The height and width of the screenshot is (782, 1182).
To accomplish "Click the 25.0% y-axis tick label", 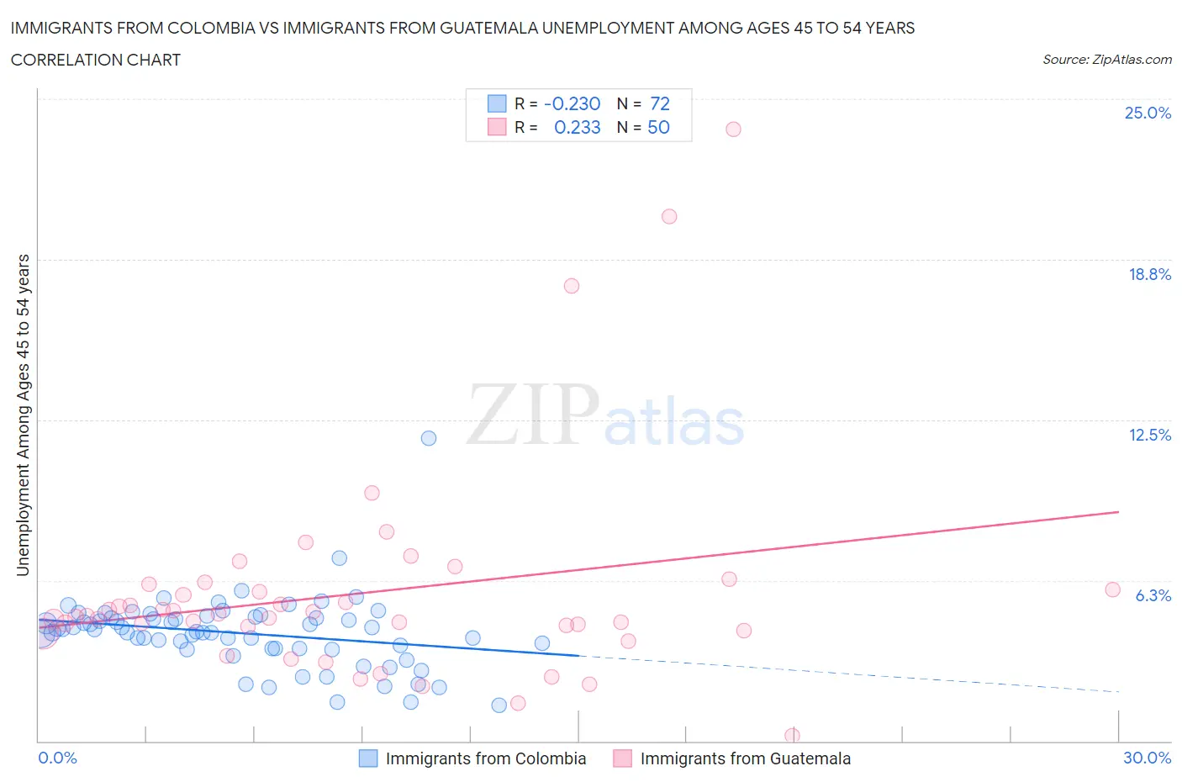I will pyautogui.click(x=1148, y=113).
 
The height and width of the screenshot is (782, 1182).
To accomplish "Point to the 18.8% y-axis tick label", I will pyautogui.click(x=1149, y=274).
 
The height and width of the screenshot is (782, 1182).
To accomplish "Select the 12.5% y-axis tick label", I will pyautogui.click(x=1149, y=435).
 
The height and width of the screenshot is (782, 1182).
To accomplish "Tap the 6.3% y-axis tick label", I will pyautogui.click(x=1153, y=595).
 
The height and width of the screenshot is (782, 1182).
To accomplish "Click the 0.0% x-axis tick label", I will pyautogui.click(x=58, y=758).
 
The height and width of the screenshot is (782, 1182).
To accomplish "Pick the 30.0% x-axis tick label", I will pyautogui.click(x=1147, y=758).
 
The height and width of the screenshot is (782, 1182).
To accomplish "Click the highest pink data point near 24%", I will pyautogui.click(x=733, y=129).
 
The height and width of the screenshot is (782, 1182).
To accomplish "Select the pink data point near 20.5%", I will pyautogui.click(x=669, y=216).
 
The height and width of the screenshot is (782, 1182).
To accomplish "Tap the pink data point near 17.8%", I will pyautogui.click(x=572, y=286).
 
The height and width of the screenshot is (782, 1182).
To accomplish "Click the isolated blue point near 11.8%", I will pyautogui.click(x=429, y=438).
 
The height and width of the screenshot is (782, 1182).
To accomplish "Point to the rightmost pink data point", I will pyautogui.click(x=1112, y=589).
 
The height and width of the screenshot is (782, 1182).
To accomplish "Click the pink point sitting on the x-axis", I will pyautogui.click(x=792, y=735).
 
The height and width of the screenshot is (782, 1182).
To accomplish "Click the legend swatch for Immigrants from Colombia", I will pyautogui.click(x=368, y=758).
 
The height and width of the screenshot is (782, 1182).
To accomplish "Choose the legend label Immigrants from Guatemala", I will pyautogui.click(x=745, y=758).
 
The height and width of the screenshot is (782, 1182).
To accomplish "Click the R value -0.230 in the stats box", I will pyautogui.click(x=572, y=103).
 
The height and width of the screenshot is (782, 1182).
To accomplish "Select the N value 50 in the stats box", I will pyautogui.click(x=658, y=127).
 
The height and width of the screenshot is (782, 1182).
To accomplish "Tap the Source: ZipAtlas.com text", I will pyautogui.click(x=1106, y=59).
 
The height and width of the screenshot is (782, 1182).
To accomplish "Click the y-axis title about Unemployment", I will pyautogui.click(x=23, y=415).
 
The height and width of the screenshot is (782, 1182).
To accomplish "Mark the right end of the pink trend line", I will pyautogui.click(x=1119, y=511).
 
